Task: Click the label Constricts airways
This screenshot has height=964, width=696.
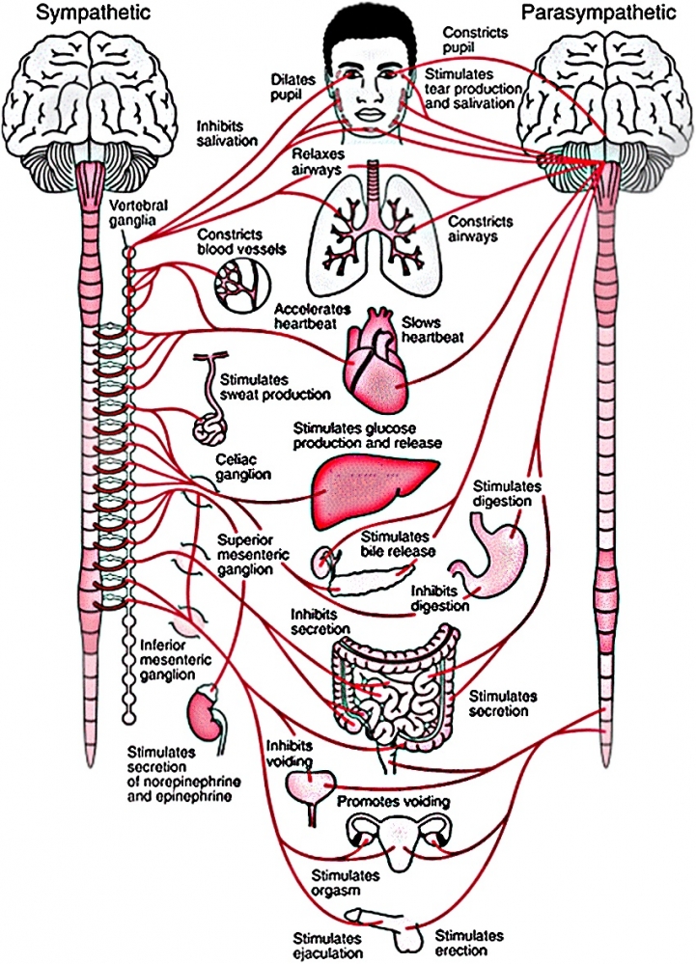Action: [480, 228]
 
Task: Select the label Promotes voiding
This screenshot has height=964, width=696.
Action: [393, 802]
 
